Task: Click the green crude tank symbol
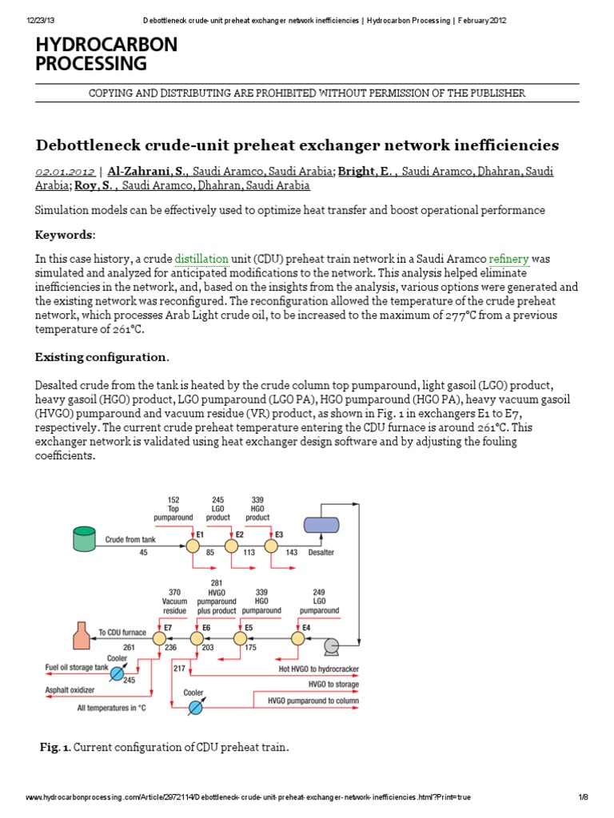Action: pos(83,539)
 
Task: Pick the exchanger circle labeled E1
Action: pos(192,546)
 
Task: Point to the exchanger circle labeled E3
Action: pos(270,546)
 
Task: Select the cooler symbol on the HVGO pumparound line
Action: pos(194,707)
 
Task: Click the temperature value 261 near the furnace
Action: pos(128,648)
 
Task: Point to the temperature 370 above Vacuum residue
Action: pos(174,592)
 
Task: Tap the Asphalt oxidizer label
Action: pos(70,689)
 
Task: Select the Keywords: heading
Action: pos(66,235)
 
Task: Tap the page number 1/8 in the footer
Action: pos(583,797)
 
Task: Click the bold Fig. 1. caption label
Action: pos(55,747)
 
